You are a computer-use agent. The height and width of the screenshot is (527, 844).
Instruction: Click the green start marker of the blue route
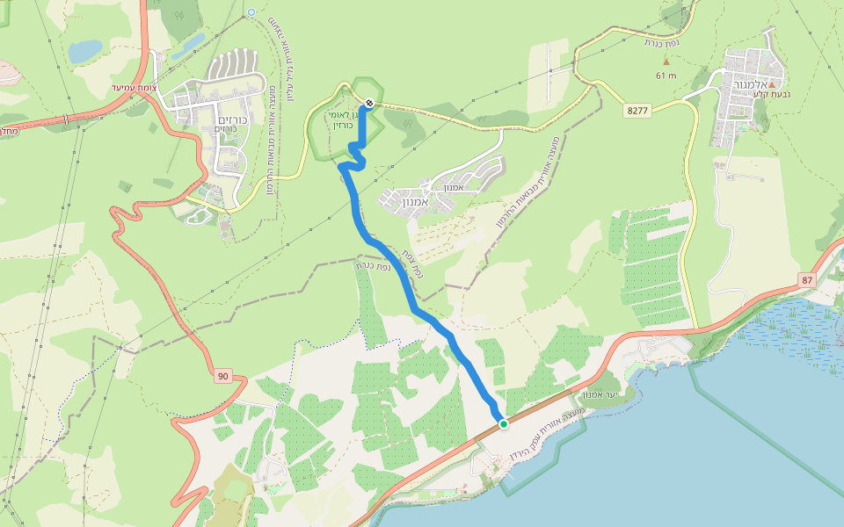coord(504,424)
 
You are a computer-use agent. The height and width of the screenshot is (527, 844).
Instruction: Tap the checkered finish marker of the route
coord(369,104)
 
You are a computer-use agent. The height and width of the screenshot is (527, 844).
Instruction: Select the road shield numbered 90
coord(222,376)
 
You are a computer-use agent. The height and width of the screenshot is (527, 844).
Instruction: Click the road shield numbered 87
coord(808,279)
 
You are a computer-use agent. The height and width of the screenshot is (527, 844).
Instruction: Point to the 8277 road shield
coord(638,110)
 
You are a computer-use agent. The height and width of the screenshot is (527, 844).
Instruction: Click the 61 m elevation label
coord(666,76)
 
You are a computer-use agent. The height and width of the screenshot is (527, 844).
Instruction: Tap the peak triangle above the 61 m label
coord(666,61)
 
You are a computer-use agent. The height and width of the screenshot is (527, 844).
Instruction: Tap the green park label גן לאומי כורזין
coord(342,120)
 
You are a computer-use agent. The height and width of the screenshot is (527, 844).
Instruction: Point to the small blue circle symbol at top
coord(251,11)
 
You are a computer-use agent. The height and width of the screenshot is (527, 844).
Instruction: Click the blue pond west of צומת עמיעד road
coord(85,51)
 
